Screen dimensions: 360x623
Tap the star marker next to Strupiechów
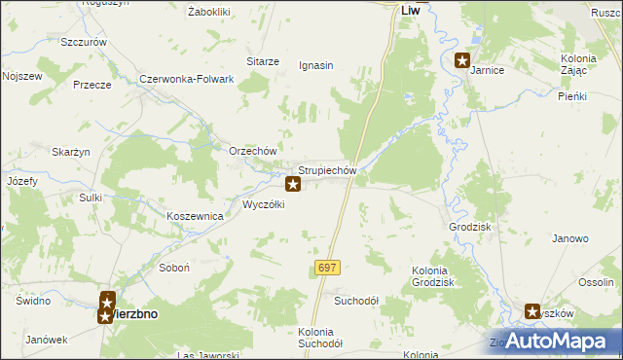pyautogui.click(x=292, y=184)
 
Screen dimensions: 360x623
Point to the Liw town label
pyautogui.click(x=411, y=12)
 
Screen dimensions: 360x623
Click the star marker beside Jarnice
pyautogui.click(x=462, y=59)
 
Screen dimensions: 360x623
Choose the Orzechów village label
pyautogui.click(x=253, y=152)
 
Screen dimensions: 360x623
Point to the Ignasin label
pyautogui.click(x=315, y=66)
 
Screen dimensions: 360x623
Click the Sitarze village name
pyautogui.click(x=263, y=61)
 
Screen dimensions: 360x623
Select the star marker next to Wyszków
pyautogui.click(x=532, y=312)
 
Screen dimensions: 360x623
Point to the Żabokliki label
pyautogui.click(x=208, y=12)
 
